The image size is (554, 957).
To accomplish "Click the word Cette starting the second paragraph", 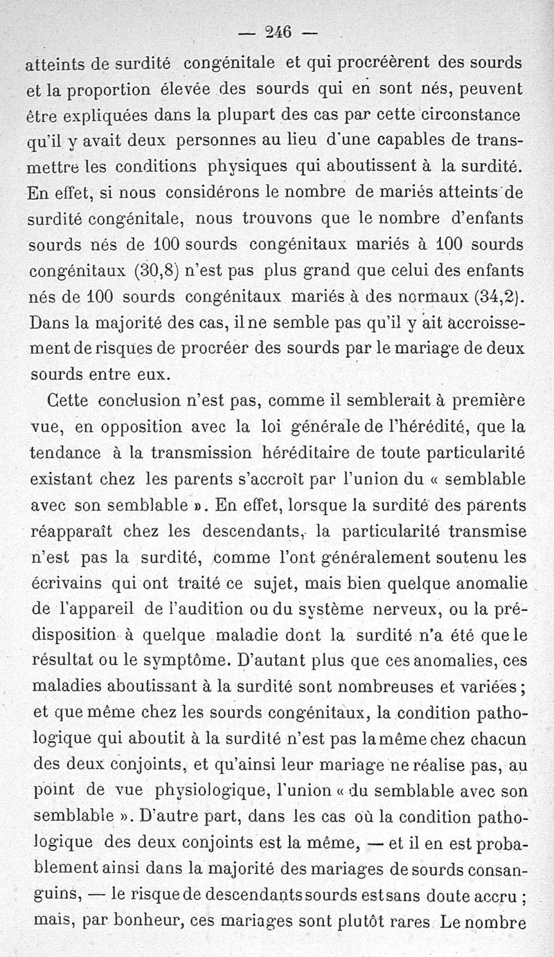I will (x=68, y=401).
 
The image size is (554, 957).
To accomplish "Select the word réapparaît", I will (x=79, y=531).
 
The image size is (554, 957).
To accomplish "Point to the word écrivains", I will (x=68, y=583).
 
